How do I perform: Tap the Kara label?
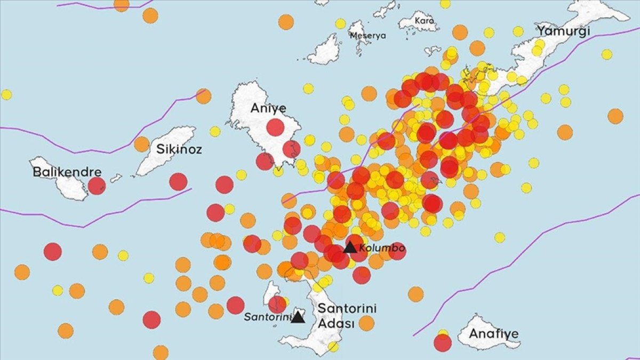pos(425,21)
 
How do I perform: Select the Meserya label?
pos(367,36)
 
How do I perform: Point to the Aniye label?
pos(268,109)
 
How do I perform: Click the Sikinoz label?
pos(179,149)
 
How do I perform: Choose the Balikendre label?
pos(67,172)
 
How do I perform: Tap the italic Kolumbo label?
pos(382,248)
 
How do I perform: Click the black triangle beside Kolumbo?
pos(350,247)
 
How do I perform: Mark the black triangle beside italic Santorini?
pos(298,317)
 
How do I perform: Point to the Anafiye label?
pos(493,334)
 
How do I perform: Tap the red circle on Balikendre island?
pos(97,186)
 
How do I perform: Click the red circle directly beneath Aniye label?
pos(275,127)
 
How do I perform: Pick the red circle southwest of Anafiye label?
pos(443,343)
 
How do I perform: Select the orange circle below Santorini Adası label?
pos(366,323)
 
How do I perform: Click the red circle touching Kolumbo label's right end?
pos(397,251)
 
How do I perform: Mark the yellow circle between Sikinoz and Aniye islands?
pos(215,131)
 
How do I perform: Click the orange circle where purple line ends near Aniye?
pos(203,96)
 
